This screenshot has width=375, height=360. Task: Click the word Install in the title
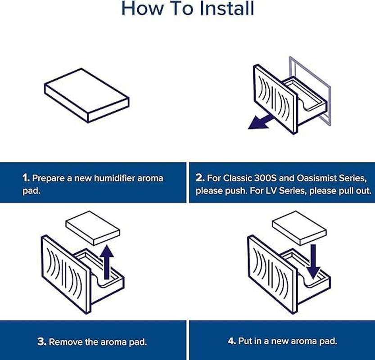click(x=227, y=9)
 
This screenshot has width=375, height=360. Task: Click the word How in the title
click(x=142, y=9)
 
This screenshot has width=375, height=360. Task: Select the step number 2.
click(x=200, y=178)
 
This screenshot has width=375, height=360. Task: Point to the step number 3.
click(x=42, y=342)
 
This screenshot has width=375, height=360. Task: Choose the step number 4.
click(x=232, y=341)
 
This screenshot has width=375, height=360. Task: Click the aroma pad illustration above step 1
click(x=86, y=95)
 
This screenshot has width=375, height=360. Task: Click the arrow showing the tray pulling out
click(x=260, y=121)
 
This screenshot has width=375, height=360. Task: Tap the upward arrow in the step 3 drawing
click(x=107, y=262)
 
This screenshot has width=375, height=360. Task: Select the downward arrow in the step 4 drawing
click(x=313, y=261)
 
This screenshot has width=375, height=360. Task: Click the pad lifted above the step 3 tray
click(x=93, y=228)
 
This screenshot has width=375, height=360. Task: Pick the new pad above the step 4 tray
click(x=299, y=228)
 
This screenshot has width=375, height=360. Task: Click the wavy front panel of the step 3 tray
click(x=66, y=274)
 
